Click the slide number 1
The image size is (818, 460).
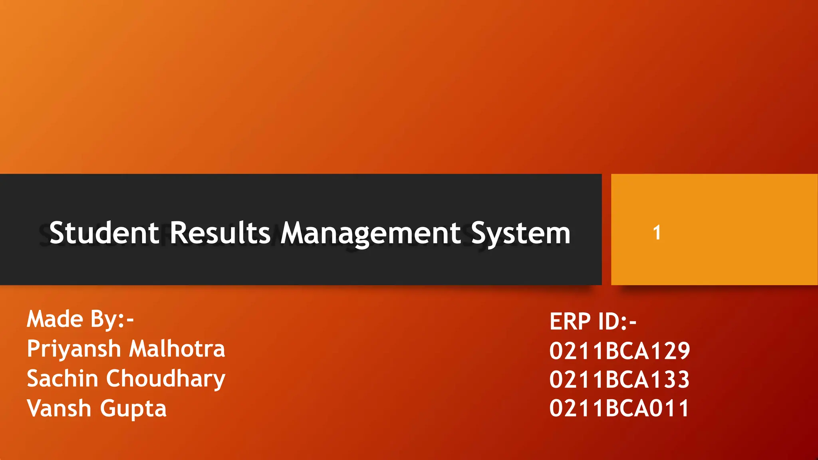click(x=657, y=232)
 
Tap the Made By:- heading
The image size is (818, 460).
click(x=80, y=319)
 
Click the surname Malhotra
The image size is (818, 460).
click(x=177, y=349)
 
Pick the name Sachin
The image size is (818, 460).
click(x=62, y=378)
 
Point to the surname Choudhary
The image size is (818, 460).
click(x=166, y=379)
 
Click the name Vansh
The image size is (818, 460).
click(x=59, y=408)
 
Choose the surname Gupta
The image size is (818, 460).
click(x=133, y=408)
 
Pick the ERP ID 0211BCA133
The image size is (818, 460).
click(x=619, y=379)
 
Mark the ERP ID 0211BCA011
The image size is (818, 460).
click(x=619, y=408)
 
